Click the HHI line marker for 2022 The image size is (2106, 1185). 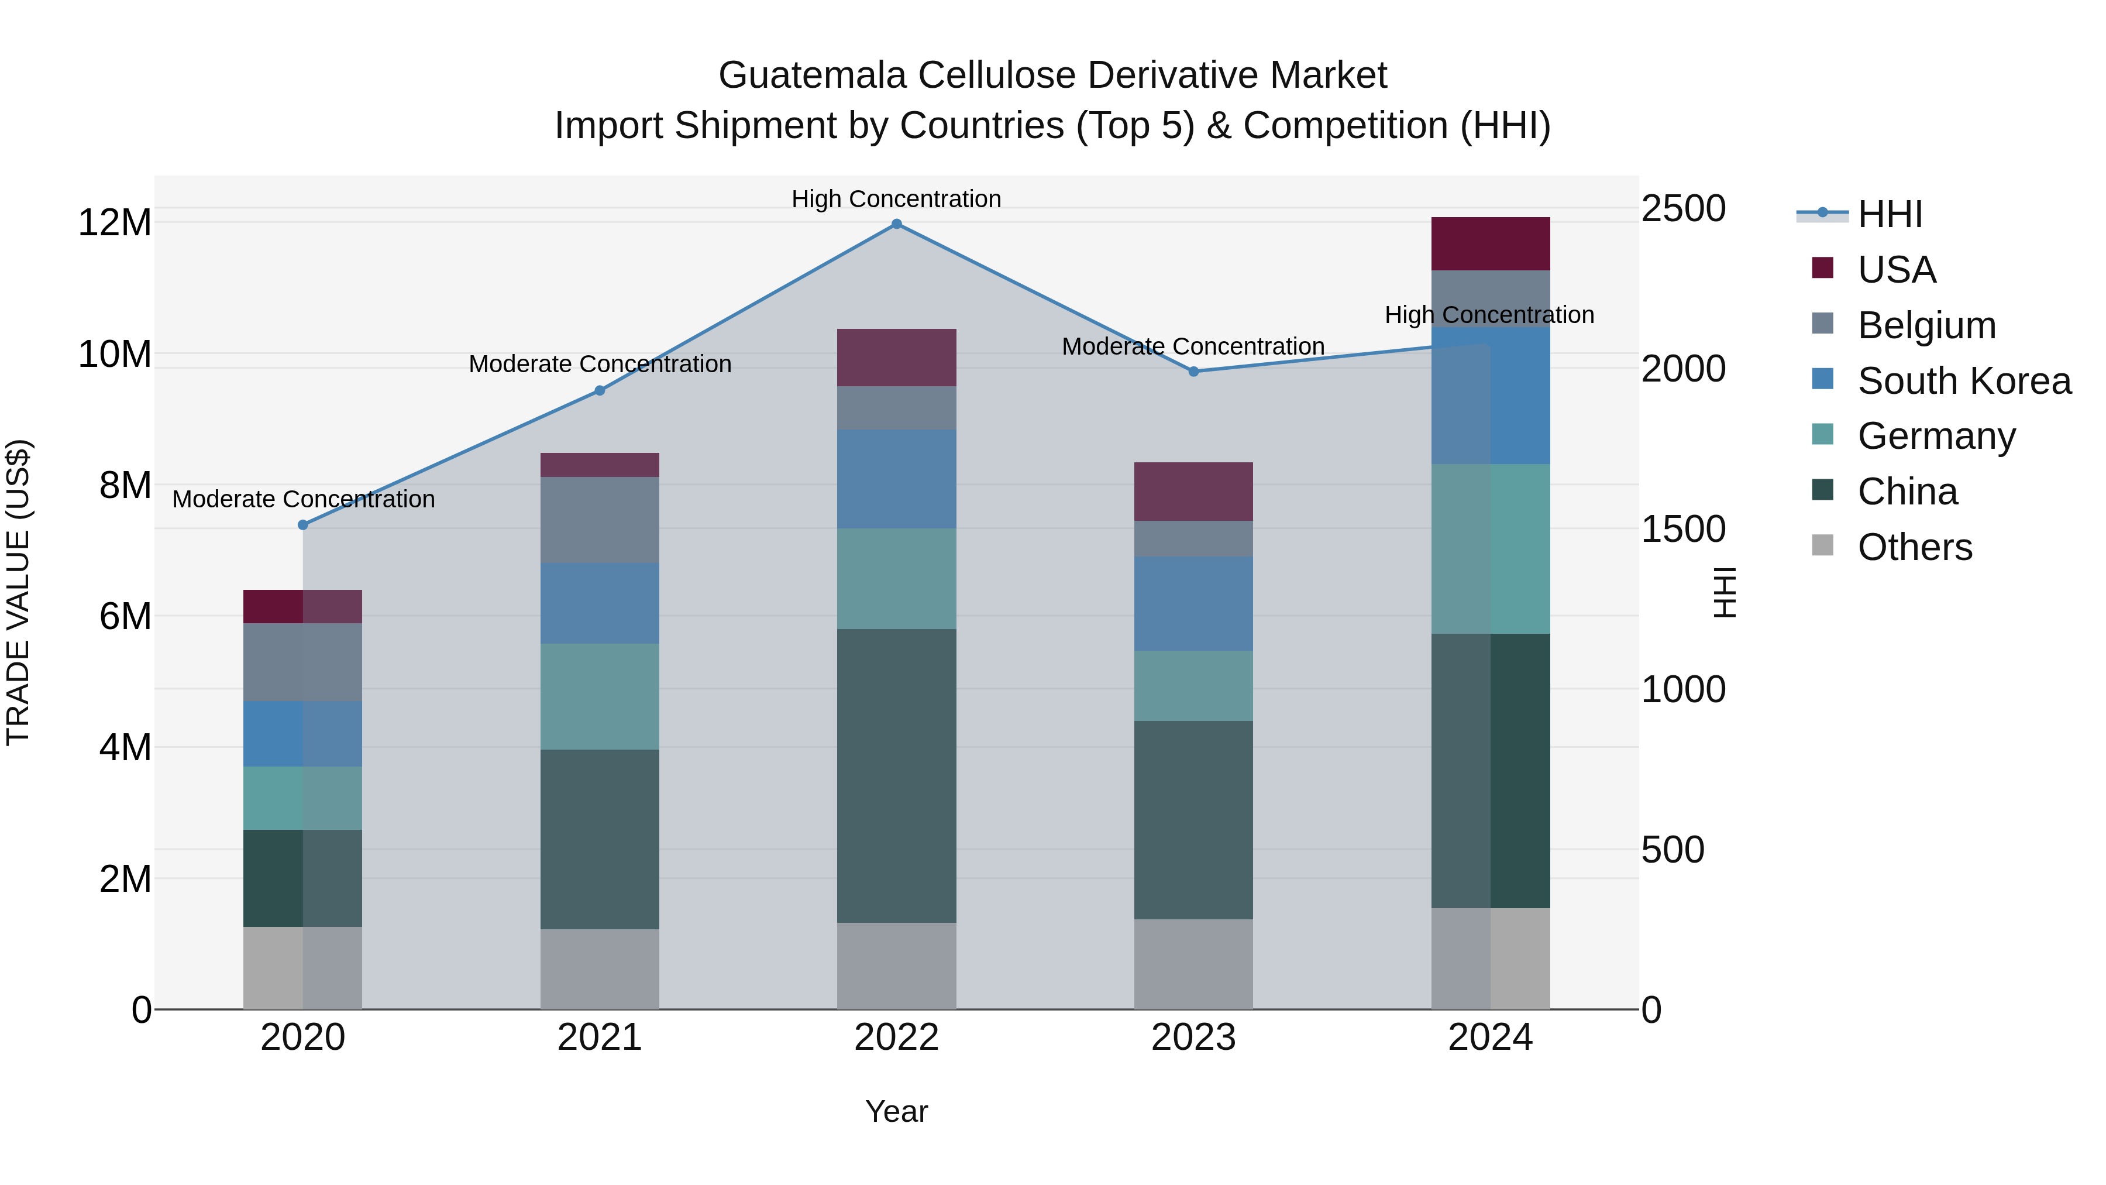click(x=896, y=224)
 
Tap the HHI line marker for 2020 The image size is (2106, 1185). click(x=302, y=525)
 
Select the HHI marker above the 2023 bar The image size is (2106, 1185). click(x=1193, y=371)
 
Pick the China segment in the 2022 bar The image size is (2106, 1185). click(x=896, y=775)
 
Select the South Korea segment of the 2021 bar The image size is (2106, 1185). click(x=599, y=603)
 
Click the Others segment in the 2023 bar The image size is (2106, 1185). click(x=1193, y=964)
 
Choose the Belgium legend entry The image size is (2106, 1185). click(x=1925, y=325)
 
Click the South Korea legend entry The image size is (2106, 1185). click(x=1962, y=381)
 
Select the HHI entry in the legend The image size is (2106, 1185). click(x=1888, y=214)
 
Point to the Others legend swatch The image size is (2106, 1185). click(x=1822, y=545)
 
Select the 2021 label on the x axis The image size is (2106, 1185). click(x=599, y=1038)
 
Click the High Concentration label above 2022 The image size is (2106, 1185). click(x=896, y=199)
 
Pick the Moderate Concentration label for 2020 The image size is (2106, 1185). click(x=303, y=499)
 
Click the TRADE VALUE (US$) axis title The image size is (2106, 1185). click(x=18, y=592)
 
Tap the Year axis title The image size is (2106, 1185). click(x=896, y=1111)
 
